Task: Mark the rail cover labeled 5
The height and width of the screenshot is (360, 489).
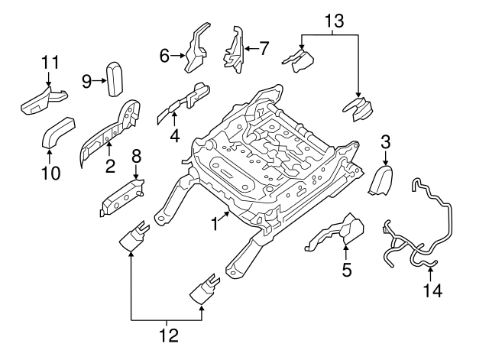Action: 336,232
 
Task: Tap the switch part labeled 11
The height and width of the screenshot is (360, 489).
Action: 44,99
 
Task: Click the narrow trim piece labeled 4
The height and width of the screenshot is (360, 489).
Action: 187,102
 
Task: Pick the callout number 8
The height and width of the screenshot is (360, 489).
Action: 136,157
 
